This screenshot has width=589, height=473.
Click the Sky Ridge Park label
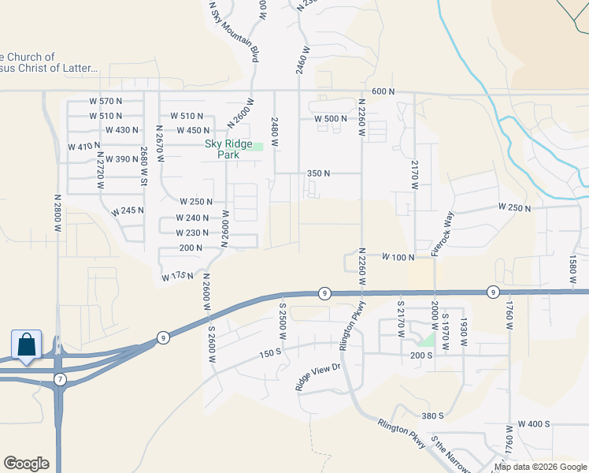[x=228, y=149]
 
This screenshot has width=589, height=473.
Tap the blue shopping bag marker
[x=26, y=345]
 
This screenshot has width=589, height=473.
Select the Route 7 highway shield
[x=61, y=379]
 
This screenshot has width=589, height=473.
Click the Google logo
[x=26, y=464]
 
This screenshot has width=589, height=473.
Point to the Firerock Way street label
[x=443, y=237]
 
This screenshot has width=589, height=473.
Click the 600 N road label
[x=383, y=91]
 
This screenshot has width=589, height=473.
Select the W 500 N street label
[x=331, y=119]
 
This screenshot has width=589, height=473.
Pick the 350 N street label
[x=318, y=173]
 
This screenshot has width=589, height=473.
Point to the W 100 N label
[x=398, y=257]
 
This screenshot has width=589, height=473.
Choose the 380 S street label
[x=432, y=415]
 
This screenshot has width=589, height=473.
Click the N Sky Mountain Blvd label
[x=234, y=32]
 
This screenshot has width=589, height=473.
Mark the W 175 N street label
[x=178, y=276]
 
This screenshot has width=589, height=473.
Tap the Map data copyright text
[x=540, y=467]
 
